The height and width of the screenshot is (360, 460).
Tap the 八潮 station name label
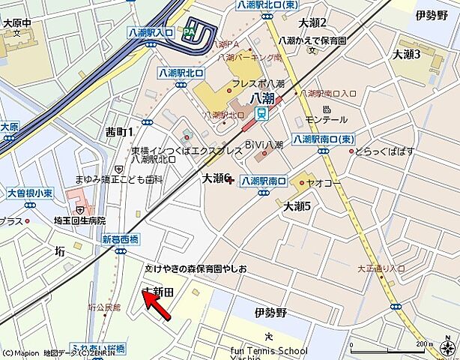click(x=262, y=98)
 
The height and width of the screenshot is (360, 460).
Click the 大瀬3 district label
click(x=407, y=55)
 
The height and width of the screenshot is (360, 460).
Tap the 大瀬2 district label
click(x=312, y=23)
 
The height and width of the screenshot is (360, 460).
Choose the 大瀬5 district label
click(x=297, y=205)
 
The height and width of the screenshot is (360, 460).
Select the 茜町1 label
click(x=120, y=132)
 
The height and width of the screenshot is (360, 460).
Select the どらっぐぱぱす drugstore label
click(x=384, y=151)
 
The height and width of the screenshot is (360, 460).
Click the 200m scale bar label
click(x=423, y=344)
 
